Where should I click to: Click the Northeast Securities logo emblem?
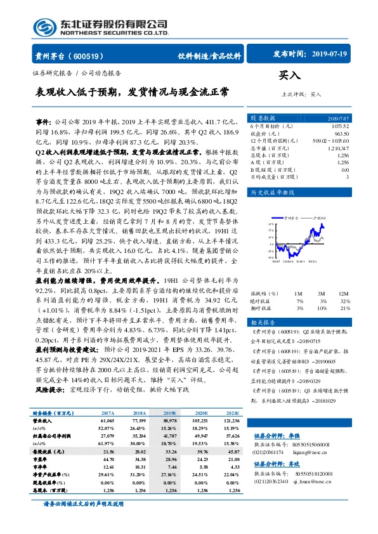click(43, 27)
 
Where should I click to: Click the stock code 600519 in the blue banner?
click(88, 55)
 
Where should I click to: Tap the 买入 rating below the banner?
click(289, 75)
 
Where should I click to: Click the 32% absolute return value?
click(344, 301)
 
